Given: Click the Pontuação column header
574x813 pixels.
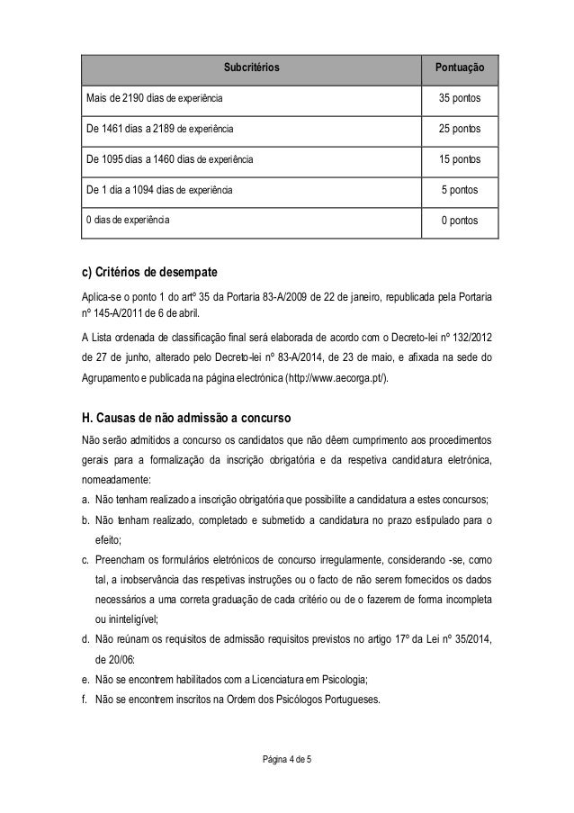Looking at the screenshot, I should click(x=460, y=67).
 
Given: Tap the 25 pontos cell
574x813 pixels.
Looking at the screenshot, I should click(x=460, y=129).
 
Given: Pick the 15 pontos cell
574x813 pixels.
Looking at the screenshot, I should click(x=460, y=159).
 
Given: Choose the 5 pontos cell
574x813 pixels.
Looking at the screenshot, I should click(x=460, y=190).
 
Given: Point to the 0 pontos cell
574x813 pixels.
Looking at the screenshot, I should click(x=460, y=220).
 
